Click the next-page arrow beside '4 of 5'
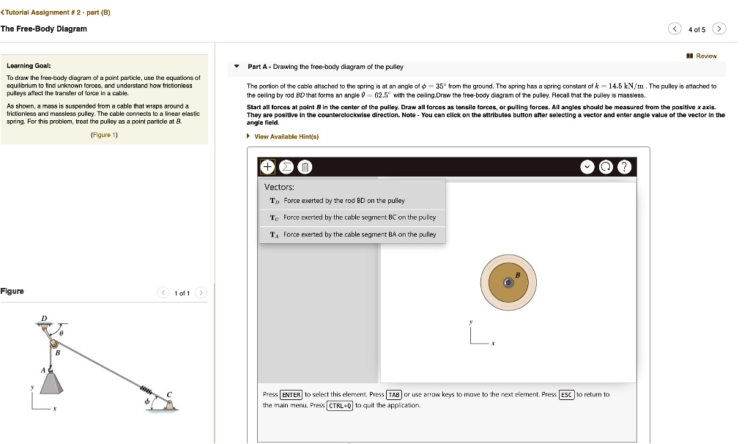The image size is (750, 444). [x=721, y=29]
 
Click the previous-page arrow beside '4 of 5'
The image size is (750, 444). [x=674, y=29]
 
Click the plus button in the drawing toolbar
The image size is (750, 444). [x=267, y=167]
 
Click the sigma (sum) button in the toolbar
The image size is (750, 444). [x=286, y=167]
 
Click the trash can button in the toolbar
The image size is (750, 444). [x=305, y=167]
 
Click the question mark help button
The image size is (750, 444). [x=623, y=167]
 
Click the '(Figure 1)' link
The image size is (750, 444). [x=105, y=136]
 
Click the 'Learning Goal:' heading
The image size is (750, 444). [x=28, y=65]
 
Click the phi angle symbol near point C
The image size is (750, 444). [x=146, y=402]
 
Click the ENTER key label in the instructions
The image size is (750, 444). [x=292, y=394]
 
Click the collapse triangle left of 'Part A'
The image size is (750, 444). [x=237, y=67]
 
